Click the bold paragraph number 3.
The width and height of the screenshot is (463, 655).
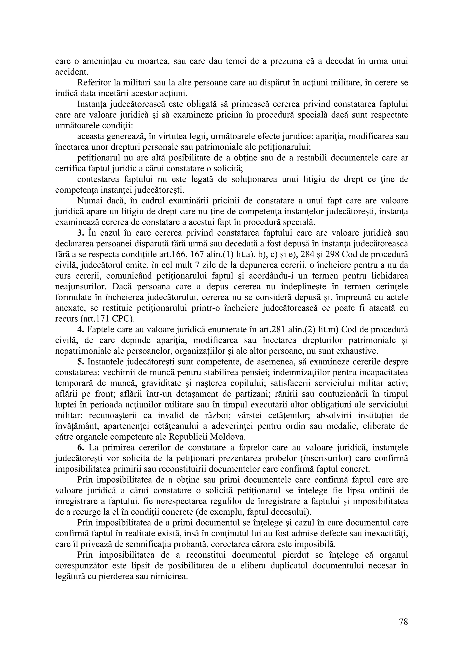point(81,233)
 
